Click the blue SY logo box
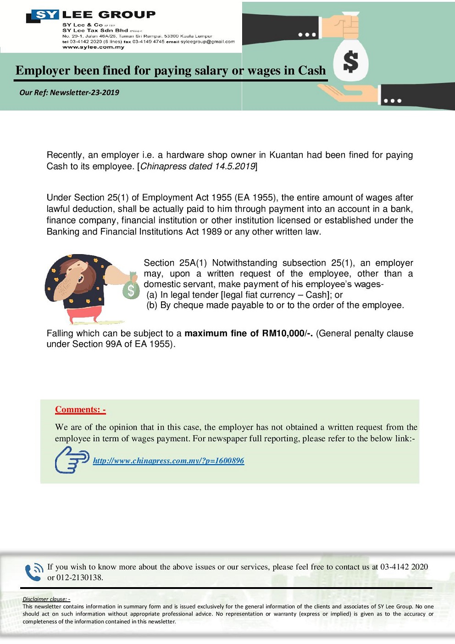45,15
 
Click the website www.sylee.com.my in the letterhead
93,47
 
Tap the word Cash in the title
312,71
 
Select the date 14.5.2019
235,167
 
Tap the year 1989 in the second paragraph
211,232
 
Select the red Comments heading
80,410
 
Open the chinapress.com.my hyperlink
168,461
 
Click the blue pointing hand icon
72,460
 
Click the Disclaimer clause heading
46,599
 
